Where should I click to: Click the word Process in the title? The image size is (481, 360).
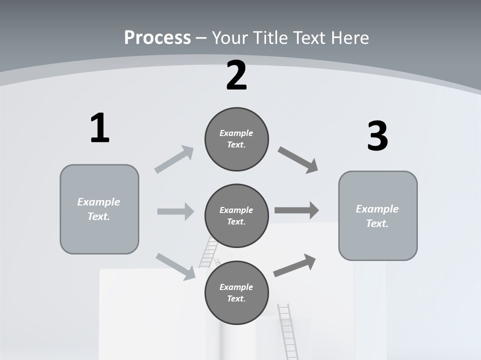click(x=157, y=38)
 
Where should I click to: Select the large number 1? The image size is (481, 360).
click(x=100, y=128)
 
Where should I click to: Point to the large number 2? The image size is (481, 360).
click(x=236, y=76)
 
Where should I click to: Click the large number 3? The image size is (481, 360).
click(x=377, y=136)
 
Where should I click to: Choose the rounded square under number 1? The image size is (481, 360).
click(x=99, y=209)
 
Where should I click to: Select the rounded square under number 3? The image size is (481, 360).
click(x=378, y=215)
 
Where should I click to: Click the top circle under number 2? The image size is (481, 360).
click(x=236, y=139)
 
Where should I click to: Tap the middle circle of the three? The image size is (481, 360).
click(x=236, y=215)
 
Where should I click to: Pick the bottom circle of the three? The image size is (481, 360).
click(x=236, y=292)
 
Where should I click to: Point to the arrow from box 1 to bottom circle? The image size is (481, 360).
click(x=175, y=266)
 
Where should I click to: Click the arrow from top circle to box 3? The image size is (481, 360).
click(x=298, y=159)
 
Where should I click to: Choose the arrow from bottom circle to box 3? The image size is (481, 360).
click(x=295, y=265)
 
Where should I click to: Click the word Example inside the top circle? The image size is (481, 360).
click(x=236, y=133)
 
